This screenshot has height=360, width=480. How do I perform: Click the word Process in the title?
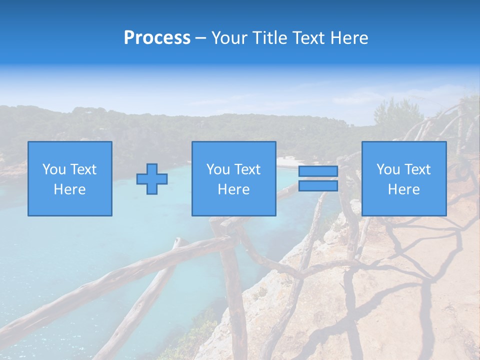point(157,38)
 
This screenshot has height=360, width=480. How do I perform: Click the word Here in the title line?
point(351,38)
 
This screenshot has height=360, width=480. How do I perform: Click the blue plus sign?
point(152,179)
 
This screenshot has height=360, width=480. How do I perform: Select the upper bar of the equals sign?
point(318,171)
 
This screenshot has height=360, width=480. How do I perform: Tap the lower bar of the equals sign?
point(318,186)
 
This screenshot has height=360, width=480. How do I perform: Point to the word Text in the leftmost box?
point(83,169)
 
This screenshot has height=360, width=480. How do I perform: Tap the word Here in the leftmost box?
point(70,189)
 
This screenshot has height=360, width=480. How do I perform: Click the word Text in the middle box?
point(247,169)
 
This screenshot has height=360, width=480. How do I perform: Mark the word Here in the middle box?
point(234,189)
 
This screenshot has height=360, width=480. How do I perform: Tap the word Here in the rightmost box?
point(404,189)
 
